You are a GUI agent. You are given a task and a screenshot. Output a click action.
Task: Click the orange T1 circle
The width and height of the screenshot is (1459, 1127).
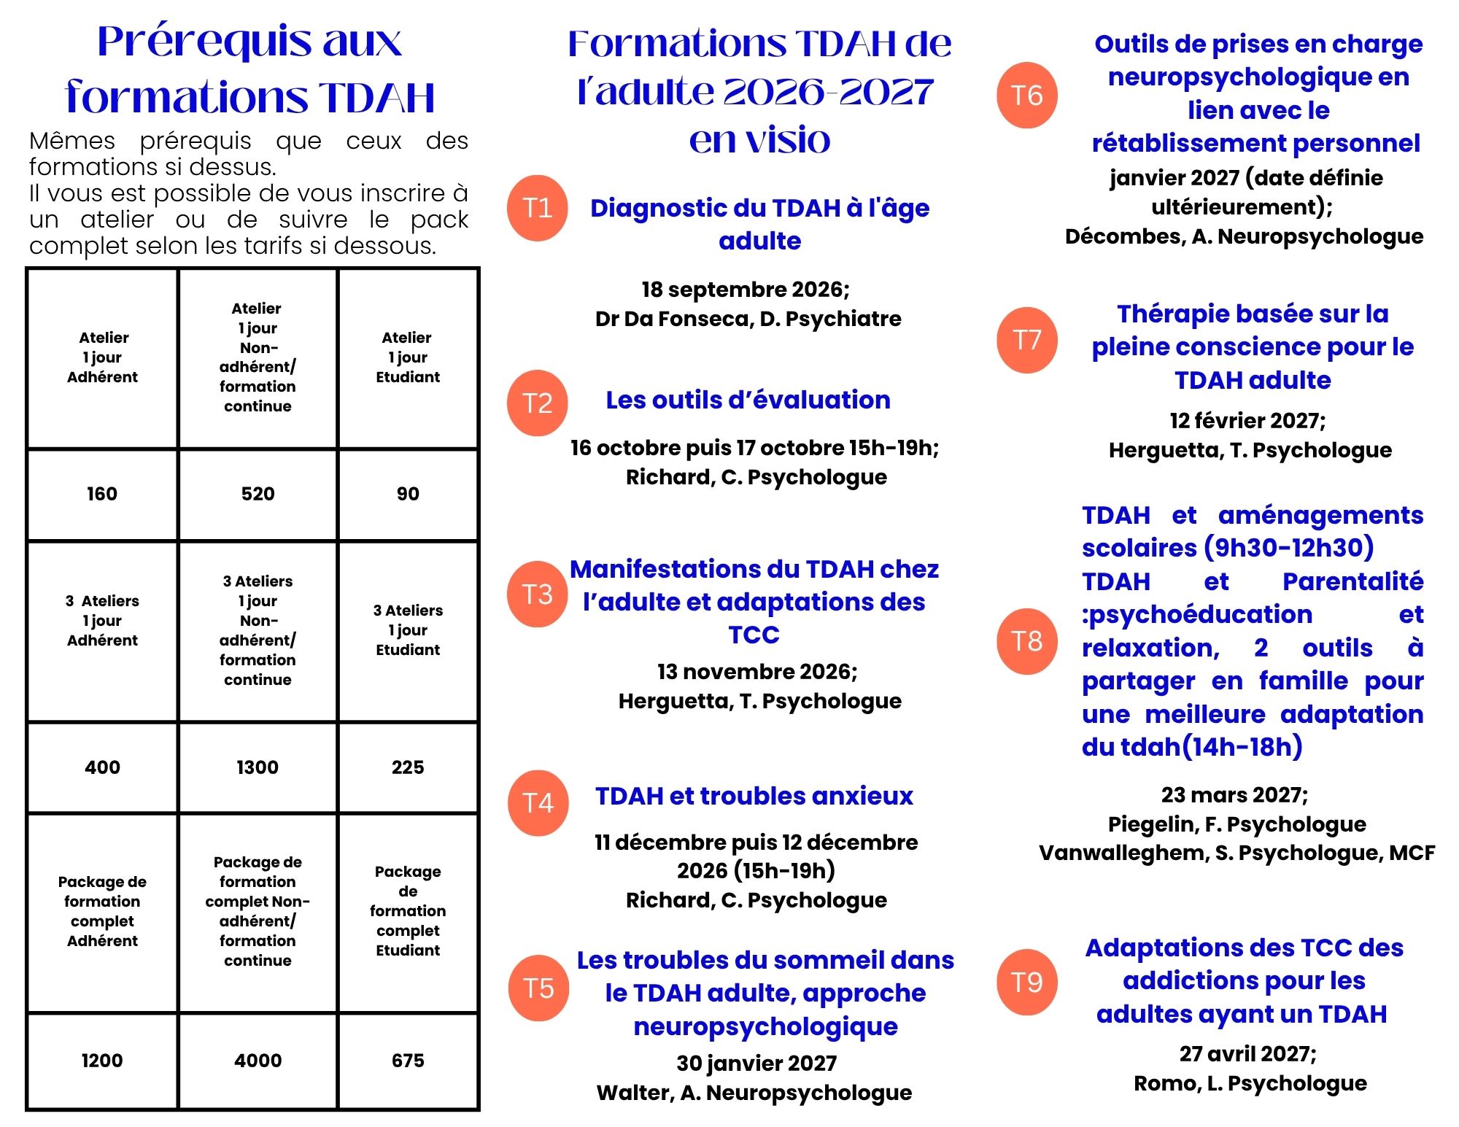click(538, 208)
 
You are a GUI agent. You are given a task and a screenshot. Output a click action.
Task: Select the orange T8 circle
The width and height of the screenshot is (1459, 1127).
click(1027, 641)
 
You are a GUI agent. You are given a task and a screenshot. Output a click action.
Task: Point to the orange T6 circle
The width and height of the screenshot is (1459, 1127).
click(1027, 95)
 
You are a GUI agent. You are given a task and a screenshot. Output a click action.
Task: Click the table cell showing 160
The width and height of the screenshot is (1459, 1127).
click(102, 494)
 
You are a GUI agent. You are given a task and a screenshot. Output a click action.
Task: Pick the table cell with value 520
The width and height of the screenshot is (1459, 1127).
click(258, 494)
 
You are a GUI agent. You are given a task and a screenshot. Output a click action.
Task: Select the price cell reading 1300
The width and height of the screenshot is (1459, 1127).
click(258, 767)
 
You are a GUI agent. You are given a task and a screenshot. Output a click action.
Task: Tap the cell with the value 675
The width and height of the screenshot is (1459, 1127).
click(408, 1061)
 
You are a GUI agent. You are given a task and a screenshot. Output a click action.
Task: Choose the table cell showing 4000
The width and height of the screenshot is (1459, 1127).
click(258, 1061)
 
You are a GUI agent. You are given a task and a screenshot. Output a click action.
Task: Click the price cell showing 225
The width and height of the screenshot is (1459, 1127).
click(408, 767)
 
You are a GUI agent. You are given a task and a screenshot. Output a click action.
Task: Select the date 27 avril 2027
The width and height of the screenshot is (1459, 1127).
click(1247, 1054)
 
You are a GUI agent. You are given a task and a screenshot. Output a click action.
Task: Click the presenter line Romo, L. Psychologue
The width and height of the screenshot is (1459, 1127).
click(1250, 1083)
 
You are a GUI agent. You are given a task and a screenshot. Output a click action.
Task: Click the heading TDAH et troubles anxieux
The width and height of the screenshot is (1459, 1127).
click(754, 796)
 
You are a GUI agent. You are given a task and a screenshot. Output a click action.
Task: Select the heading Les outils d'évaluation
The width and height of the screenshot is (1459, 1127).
click(748, 400)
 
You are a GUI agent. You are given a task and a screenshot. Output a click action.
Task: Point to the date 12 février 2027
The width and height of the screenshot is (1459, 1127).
click(1247, 421)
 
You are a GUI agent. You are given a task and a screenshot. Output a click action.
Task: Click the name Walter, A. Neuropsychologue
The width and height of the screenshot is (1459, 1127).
click(754, 1093)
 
